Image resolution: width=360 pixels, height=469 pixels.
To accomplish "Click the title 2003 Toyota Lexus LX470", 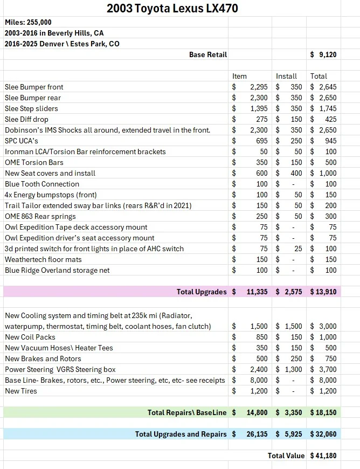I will point(172,8).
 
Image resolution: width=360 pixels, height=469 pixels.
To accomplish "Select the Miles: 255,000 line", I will point(28,22).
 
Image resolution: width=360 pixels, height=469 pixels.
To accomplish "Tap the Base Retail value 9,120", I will point(327,54).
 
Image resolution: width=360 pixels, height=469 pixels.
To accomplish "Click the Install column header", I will point(286,76).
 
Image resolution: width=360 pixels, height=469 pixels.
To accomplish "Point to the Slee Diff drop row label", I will point(26,119).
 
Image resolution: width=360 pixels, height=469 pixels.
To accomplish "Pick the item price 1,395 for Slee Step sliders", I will point(259,108).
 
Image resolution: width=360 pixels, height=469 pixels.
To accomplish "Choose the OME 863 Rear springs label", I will point(40,216).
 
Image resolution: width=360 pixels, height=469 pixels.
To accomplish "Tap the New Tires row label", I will point(21,391).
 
